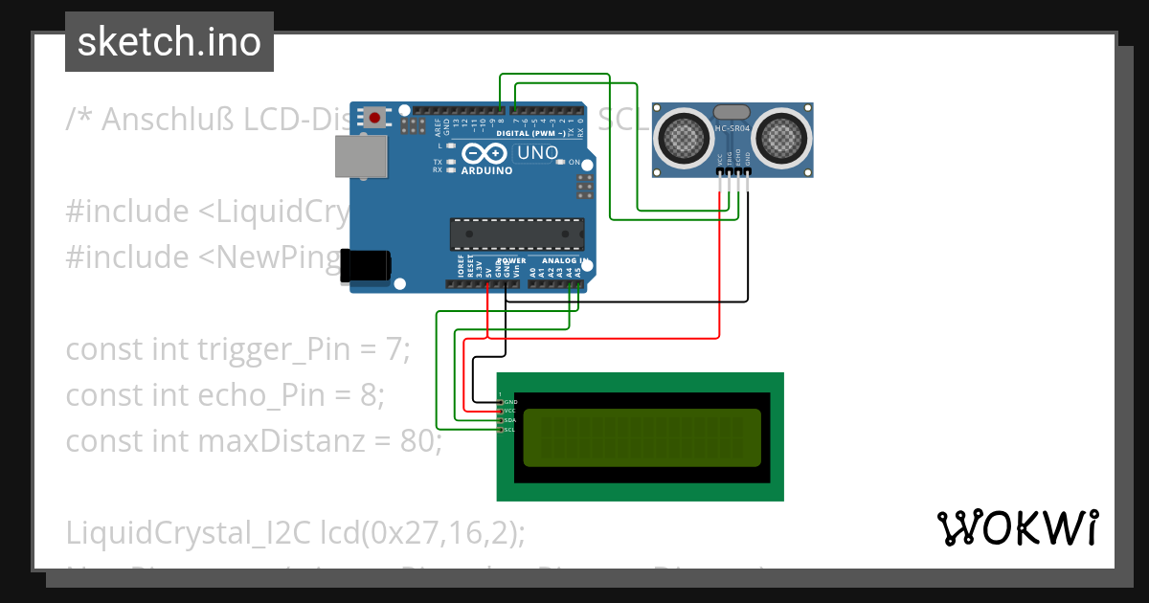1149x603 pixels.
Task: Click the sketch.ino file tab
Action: click(x=169, y=42)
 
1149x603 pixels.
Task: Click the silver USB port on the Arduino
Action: click(x=361, y=156)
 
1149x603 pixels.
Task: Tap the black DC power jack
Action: click(x=365, y=265)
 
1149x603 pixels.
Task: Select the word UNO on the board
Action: click(x=538, y=153)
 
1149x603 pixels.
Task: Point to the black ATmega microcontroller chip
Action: click(x=517, y=234)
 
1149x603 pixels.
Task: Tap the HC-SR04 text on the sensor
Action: click(x=733, y=128)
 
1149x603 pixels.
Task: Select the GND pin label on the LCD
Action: click(x=510, y=402)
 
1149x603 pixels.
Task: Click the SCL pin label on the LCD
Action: click(x=509, y=430)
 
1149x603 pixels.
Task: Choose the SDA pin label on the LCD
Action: click(x=509, y=420)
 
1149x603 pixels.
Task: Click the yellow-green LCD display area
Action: click(x=642, y=437)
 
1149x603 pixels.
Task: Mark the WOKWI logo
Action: click(x=1017, y=527)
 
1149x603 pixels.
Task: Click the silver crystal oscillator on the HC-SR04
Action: click(x=732, y=112)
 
